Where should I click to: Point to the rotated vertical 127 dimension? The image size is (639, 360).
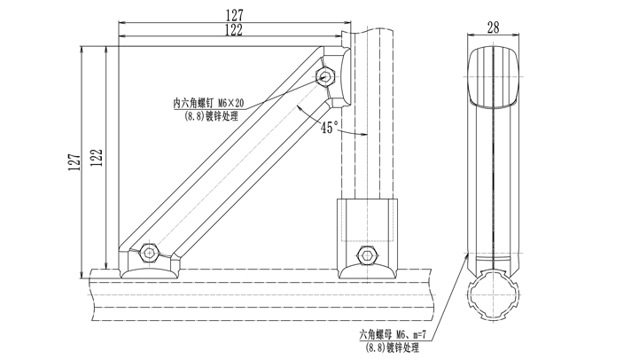pyautogui.click(x=72, y=159)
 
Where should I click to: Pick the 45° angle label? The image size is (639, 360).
pyautogui.click(x=329, y=128)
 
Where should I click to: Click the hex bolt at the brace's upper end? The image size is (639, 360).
pyautogui.click(x=325, y=76)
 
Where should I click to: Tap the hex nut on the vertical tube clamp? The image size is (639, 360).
pyautogui.click(x=365, y=255)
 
